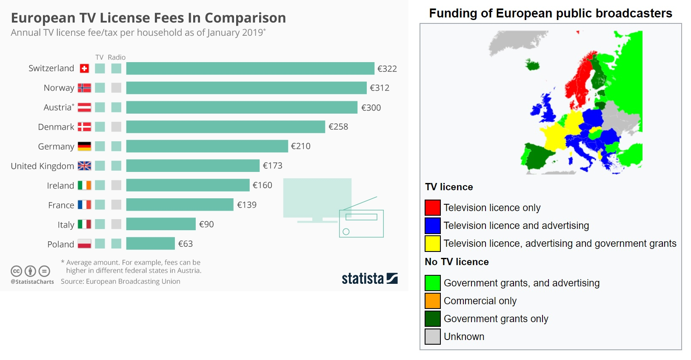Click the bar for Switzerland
(x=250, y=69)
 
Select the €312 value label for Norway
(x=379, y=88)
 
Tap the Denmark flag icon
(x=84, y=127)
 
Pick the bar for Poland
(x=151, y=244)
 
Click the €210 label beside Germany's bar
(x=300, y=146)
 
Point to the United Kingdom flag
(x=84, y=166)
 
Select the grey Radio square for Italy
(x=116, y=224)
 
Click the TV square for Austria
(x=100, y=107)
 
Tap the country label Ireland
(x=60, y=186)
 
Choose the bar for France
(x=180, y=205)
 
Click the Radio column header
(x=117, y=57)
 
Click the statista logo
(x=369, y=279)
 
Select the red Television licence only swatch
(x=432, y=208)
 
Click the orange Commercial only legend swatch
(x=432, y=301)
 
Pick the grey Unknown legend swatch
(x=432, y=337)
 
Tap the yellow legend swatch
(x=432, y=243)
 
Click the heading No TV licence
(x=457, y=262)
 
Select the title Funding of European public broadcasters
(x=551, y=14)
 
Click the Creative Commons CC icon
(x=16, y=271)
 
